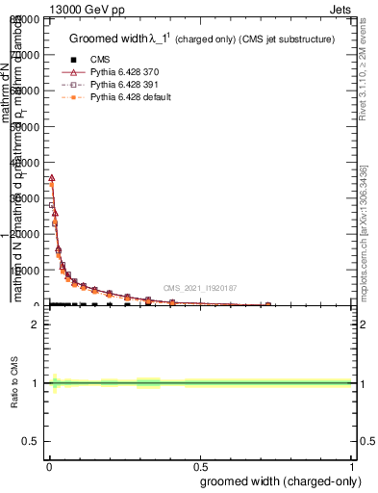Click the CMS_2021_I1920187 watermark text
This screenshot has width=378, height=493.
tap(199, 288)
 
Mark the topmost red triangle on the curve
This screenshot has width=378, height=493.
tap(51, 178)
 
